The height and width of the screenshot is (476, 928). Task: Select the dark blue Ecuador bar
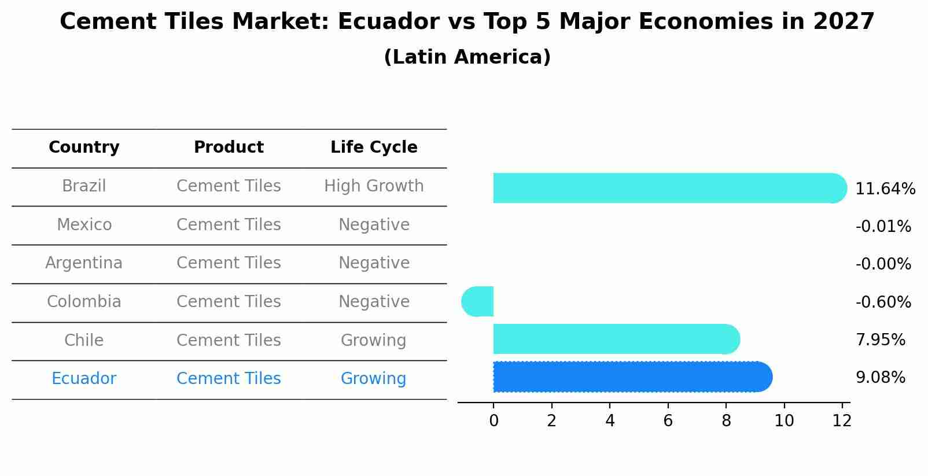pyautogui.click(x=631, y=377)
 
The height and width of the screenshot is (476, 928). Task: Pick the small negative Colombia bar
pyautogui.click(x=478, y=301)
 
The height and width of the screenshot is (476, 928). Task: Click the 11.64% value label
pyautogui.click(x=885, y=189)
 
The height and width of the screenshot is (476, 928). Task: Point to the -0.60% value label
pyautogui.click(x=883, y=302)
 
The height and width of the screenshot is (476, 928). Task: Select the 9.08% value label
pyautogui.click(x=880, y=378)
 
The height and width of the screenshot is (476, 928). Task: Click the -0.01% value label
pyautogui.click(x=883, y=227)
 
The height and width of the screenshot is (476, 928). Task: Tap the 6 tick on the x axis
pyautogui.click(x=668, y=421)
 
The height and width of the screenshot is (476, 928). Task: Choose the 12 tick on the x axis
pyautogui.click(x=842, y=421)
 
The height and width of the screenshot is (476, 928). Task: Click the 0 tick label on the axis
pyautogui.click(x=494, y=421)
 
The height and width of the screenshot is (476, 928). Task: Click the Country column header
pyautogui.click(x=84, y=147)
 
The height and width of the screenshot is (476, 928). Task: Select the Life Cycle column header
pyautogui.click(x=374, y=147)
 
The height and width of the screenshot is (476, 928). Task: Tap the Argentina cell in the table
pyautogui.click(x=84, y=263)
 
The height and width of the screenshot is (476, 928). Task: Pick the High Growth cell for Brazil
pyautogui.click(x=374, y=186)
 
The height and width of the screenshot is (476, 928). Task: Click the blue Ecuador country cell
pyautogui.click(x=84, y=379)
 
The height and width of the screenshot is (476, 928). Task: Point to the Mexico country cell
pyautogui.click(x=84, y=224)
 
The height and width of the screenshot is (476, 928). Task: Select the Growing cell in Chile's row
pyautogui.click(x=374, y=340)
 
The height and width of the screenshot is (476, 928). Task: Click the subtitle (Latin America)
pyautogui.click(x=467, y=57)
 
